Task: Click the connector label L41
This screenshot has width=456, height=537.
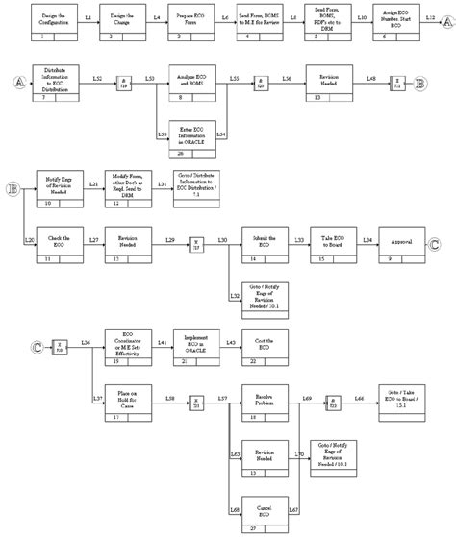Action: coord(164,341)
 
